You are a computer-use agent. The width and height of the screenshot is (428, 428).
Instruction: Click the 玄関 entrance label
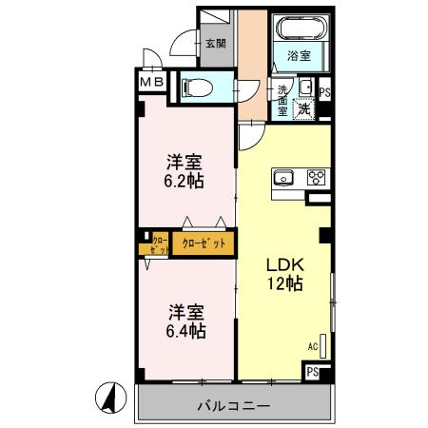[x=215, y=43]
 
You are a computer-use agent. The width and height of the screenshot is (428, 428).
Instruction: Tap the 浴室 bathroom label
[x=298, y=56]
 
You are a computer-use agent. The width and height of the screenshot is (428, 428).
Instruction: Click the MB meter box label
[x=153, y=83]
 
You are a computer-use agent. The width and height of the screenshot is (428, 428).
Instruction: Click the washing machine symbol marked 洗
[x=304, y=107]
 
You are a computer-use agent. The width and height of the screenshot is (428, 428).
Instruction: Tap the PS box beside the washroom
[x=325, y=93]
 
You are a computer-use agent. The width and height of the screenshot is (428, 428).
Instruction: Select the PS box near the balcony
[x=313, y=372]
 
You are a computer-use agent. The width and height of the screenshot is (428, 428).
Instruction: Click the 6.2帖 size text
[x=185, y=178]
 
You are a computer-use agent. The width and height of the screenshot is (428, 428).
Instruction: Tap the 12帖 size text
[x=283, y=282]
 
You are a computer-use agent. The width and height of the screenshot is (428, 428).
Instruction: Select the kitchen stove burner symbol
[x=316, y=176]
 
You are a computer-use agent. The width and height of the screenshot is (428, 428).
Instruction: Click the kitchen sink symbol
[x=284, y=176]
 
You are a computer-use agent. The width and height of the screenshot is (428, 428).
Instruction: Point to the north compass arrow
[x=111, y=397]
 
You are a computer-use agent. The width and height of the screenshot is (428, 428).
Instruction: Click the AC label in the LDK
[x=312, y=347]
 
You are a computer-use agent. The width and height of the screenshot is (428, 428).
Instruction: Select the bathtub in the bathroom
[x=300, y=29]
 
